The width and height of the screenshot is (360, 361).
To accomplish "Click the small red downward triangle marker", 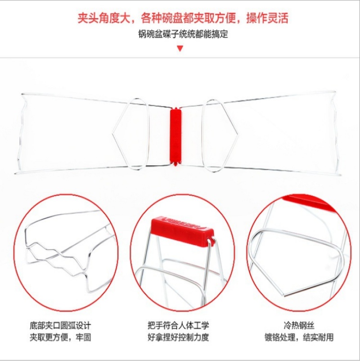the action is pos(180,48).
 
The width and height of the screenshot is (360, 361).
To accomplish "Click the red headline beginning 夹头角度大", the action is pos(183,18).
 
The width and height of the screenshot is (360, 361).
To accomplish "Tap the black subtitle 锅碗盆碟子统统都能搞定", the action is pos(183,34).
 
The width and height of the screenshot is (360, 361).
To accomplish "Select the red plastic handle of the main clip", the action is pos(175,135).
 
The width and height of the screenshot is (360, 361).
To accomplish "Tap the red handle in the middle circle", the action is pos(182,226).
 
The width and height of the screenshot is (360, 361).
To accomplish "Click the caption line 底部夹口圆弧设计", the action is pos(60,326).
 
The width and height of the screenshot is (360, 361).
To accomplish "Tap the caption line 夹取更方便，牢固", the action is pos(60,338).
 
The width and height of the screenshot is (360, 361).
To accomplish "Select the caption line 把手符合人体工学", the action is pos(178,325).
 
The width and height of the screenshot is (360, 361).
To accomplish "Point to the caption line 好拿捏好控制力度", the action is pos(178,337).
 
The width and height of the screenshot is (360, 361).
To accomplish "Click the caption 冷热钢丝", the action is pos(299,325).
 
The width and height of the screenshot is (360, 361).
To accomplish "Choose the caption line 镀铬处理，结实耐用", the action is pos(299,338).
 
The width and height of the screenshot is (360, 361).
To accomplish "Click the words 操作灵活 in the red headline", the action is pos(267,18).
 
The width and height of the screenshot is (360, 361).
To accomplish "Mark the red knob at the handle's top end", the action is pos(175,108).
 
